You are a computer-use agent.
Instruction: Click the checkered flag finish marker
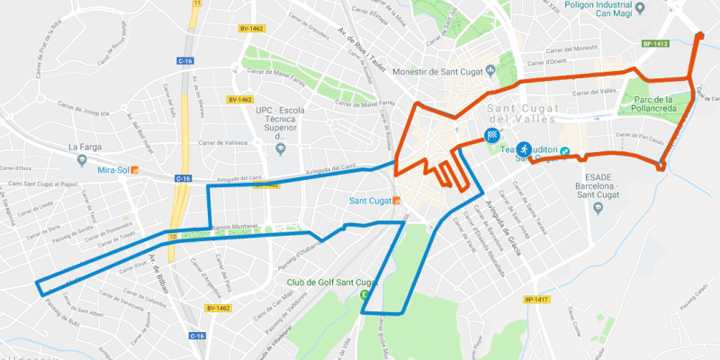pos(493,136)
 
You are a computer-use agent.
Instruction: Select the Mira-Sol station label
pos(112,168)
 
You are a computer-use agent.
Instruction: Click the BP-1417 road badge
pos(535,300)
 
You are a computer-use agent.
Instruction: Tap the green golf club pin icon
pos(364,295)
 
